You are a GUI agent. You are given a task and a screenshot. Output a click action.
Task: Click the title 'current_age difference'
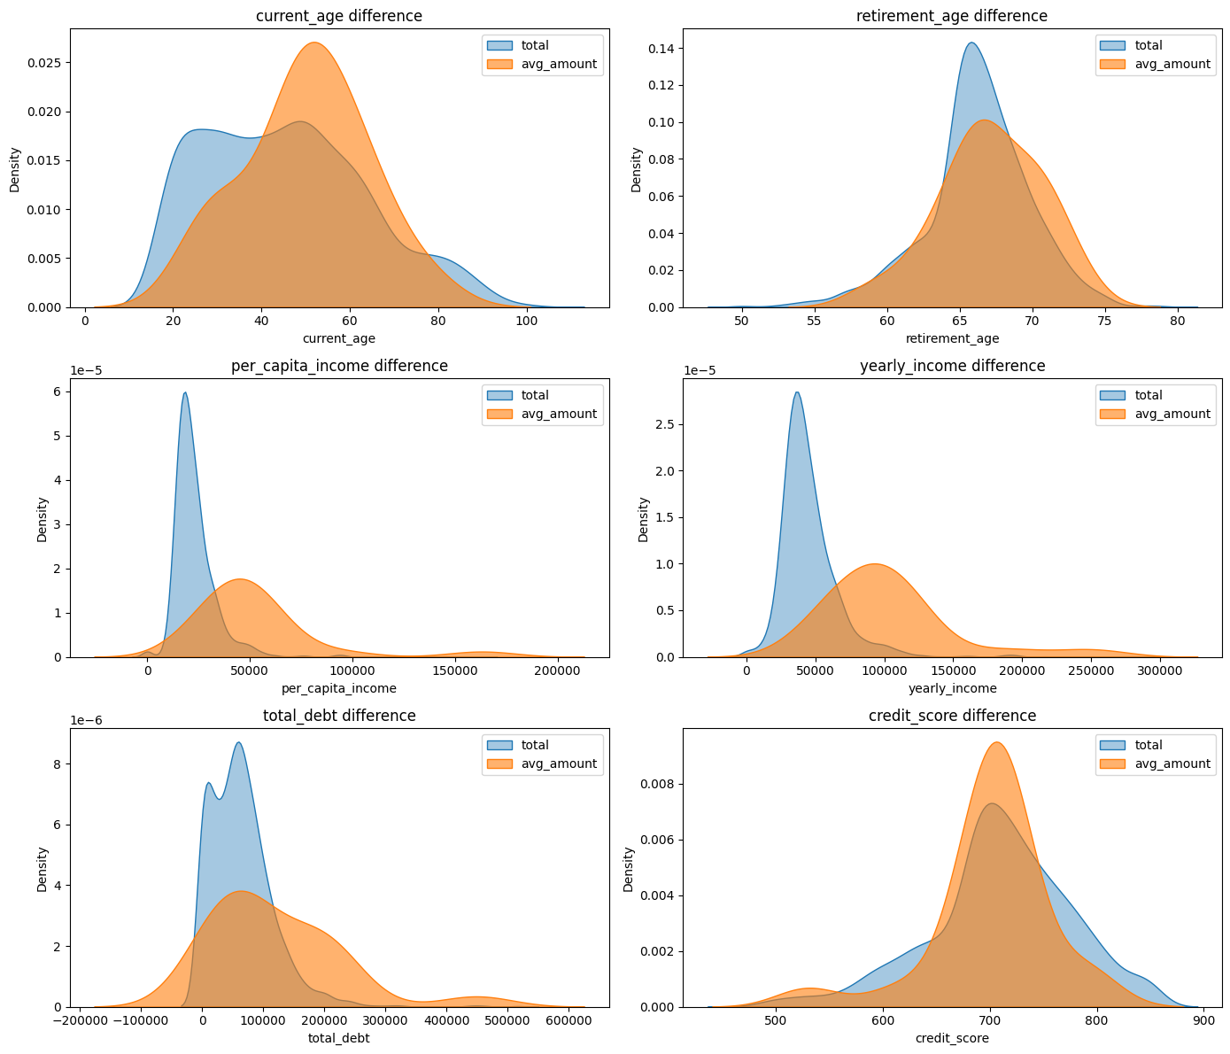(x=339, y=16)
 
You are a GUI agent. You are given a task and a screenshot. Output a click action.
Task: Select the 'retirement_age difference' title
(x=952, y=16)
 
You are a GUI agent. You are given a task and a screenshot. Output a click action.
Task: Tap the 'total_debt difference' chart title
(x=339, y=716)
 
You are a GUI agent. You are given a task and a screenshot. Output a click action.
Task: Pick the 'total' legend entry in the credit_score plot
(x=1149, y=745)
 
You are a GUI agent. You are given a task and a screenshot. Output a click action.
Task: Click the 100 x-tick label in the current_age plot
(x=526, y=321)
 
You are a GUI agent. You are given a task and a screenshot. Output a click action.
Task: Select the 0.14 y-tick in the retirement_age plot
(x=661, y=48)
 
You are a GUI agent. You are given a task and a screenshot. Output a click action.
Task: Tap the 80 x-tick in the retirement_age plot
(x=1178, y=321)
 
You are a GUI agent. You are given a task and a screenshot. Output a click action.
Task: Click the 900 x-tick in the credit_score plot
(x=1204, y=1020)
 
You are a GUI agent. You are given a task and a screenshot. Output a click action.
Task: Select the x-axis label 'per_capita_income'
(x=339, y=688)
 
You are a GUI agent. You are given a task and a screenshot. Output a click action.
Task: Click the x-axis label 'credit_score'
(x=952, y=1038)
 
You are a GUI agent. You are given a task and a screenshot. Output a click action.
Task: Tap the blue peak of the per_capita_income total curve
(x=184, y=393)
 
